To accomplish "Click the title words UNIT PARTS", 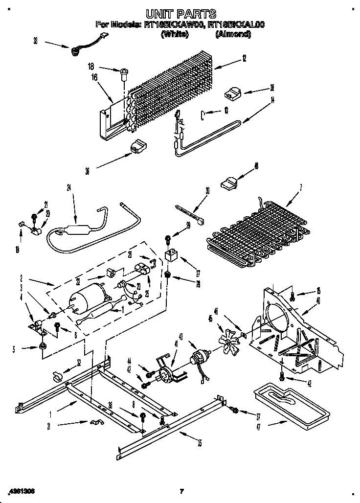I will pos(180,14).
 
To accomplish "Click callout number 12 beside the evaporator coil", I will pos(244,58).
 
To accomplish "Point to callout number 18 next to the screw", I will pos(91,67).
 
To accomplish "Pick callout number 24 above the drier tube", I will pos(69,186).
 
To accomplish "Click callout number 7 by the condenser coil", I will pos(301,186).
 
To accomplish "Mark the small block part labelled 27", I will pos(171,255).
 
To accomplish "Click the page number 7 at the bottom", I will pos(181,491).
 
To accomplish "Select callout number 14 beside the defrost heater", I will pos(272,100).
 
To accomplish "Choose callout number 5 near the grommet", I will pos(14,349).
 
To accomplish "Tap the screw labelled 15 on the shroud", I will pos(292,295).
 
